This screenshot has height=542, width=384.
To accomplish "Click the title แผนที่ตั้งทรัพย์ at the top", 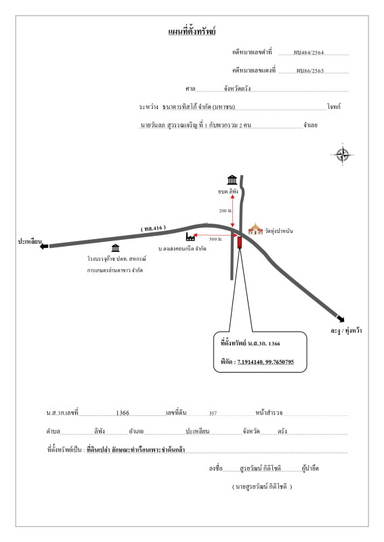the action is click(192, 31).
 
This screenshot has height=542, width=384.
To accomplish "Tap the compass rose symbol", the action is click(342, 154).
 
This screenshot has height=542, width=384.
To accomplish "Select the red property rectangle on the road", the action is click(239, 243).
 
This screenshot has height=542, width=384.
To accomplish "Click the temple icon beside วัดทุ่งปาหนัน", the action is click(255, 229).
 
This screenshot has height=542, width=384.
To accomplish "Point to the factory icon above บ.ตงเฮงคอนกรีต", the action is click(190, 236).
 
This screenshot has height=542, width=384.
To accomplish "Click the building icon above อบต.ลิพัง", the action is click(232, 180).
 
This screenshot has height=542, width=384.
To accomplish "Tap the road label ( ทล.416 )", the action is click(153, 228).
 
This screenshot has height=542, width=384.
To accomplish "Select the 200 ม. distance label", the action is click(226, 211).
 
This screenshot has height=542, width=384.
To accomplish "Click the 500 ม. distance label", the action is click(215, 239).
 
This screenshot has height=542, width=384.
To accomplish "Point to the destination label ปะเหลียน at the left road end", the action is click(30, 241).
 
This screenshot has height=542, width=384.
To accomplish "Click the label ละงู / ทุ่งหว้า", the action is click(346, 331).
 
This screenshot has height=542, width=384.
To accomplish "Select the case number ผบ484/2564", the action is click(309, 53).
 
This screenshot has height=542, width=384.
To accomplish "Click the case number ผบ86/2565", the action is click(310, 71).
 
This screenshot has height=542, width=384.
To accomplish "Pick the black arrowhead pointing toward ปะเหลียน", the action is click(44, 246).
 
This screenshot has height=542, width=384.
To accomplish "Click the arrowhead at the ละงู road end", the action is click(340, 318).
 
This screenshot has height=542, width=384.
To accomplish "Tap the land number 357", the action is click(213, 413).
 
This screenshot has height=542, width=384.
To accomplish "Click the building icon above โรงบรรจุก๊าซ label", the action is click(115, 248).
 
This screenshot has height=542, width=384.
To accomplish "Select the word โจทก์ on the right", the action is click(333, 107).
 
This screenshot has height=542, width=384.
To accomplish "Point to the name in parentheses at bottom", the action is click(262, 486).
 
